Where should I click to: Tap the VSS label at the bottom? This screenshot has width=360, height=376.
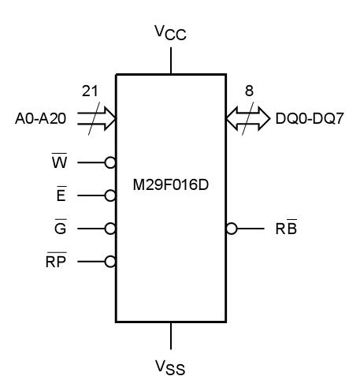pyautogui.click(x=171, y=366)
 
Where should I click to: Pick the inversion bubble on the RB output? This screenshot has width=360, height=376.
pyautogui.click(x=231, y=229)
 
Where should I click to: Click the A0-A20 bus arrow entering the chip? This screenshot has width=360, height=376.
pyautogui.click(x=97, y=120)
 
